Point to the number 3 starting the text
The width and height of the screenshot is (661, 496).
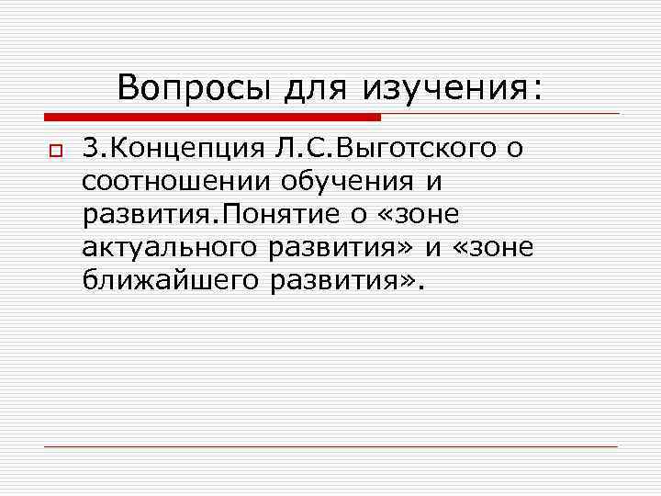pyautogui.click(x=90, y=148)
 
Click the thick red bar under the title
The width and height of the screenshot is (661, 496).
pyautogui.click(x=212, y=118)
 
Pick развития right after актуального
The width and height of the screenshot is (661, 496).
pyautogui.click(x=343, y=247)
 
